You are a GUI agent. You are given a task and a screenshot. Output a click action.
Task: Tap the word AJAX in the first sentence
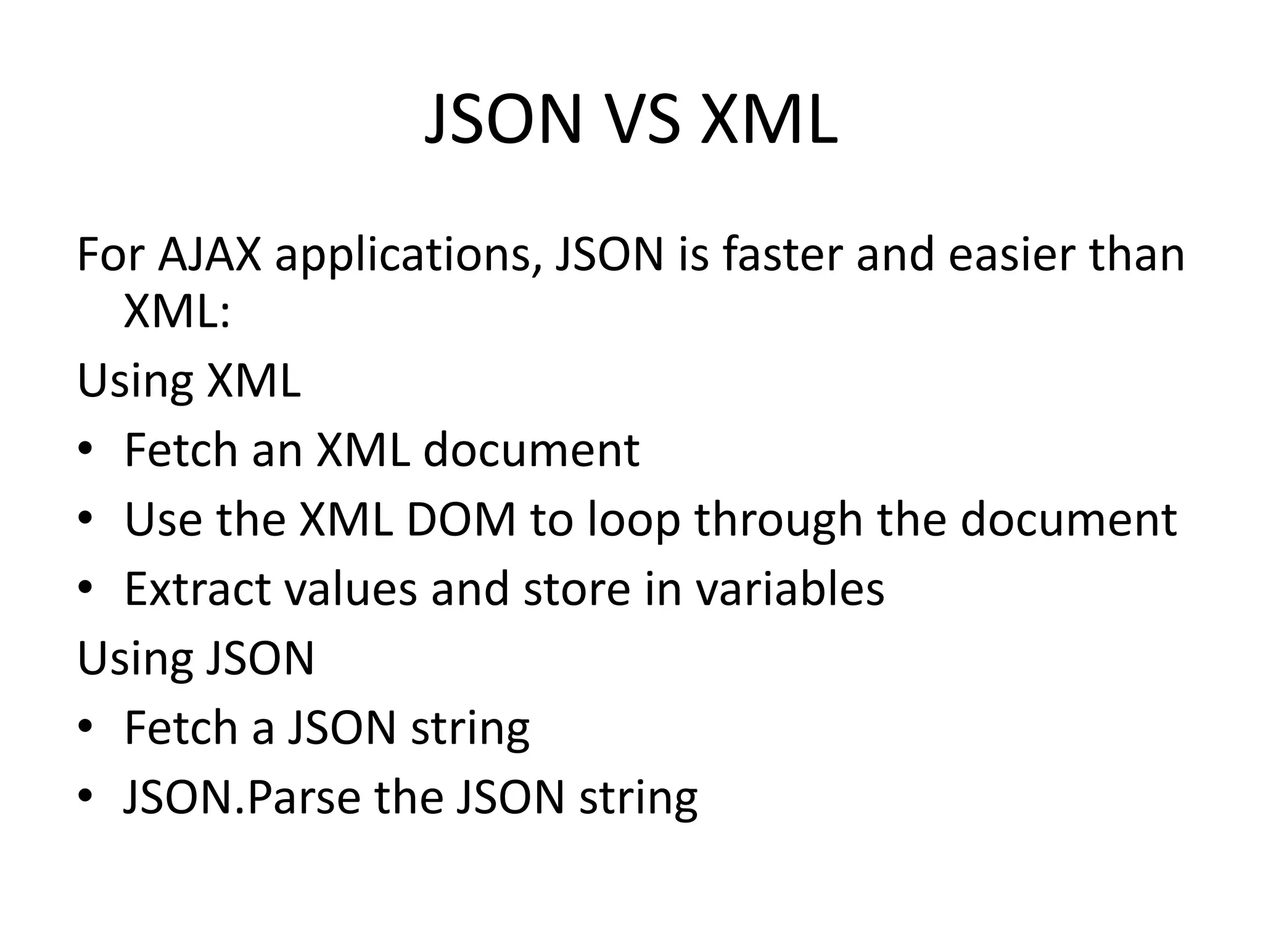(210, 254)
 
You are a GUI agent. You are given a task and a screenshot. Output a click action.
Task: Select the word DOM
(461, 520)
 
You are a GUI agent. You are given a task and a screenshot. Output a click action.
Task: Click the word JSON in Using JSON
(260, 658)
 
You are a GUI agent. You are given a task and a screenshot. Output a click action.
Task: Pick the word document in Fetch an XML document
(531, 450)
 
